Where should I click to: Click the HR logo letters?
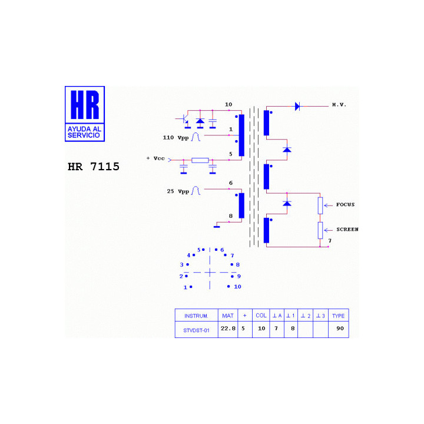(x=85, y=105)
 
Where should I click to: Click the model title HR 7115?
(x=93, y=167)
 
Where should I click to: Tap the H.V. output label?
(x=339, y=105)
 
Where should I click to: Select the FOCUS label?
(x=345, y=204)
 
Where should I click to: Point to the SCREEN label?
(x=347, y=229)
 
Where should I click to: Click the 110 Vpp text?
(x=175, y=138)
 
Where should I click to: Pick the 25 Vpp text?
(x=178, y=191)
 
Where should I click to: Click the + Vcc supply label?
(x=155, y=158)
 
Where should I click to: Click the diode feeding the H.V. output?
(x=297, y=106)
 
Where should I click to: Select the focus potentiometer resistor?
(x=320, y=206)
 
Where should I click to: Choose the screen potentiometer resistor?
(x=320, y=230)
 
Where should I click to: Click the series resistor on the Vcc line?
(x=200, y=160)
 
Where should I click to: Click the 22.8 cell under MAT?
(x=228, y=329)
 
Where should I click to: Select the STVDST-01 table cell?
(x=196, y=330)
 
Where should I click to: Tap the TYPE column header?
(x=338, y=316)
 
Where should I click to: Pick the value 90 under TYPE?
(x=340, y=329)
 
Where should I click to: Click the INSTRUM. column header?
(x=196, y=316)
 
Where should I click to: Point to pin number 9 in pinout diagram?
(x=238, y=276)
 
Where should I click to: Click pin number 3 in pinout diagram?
(x=182, y=265)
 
